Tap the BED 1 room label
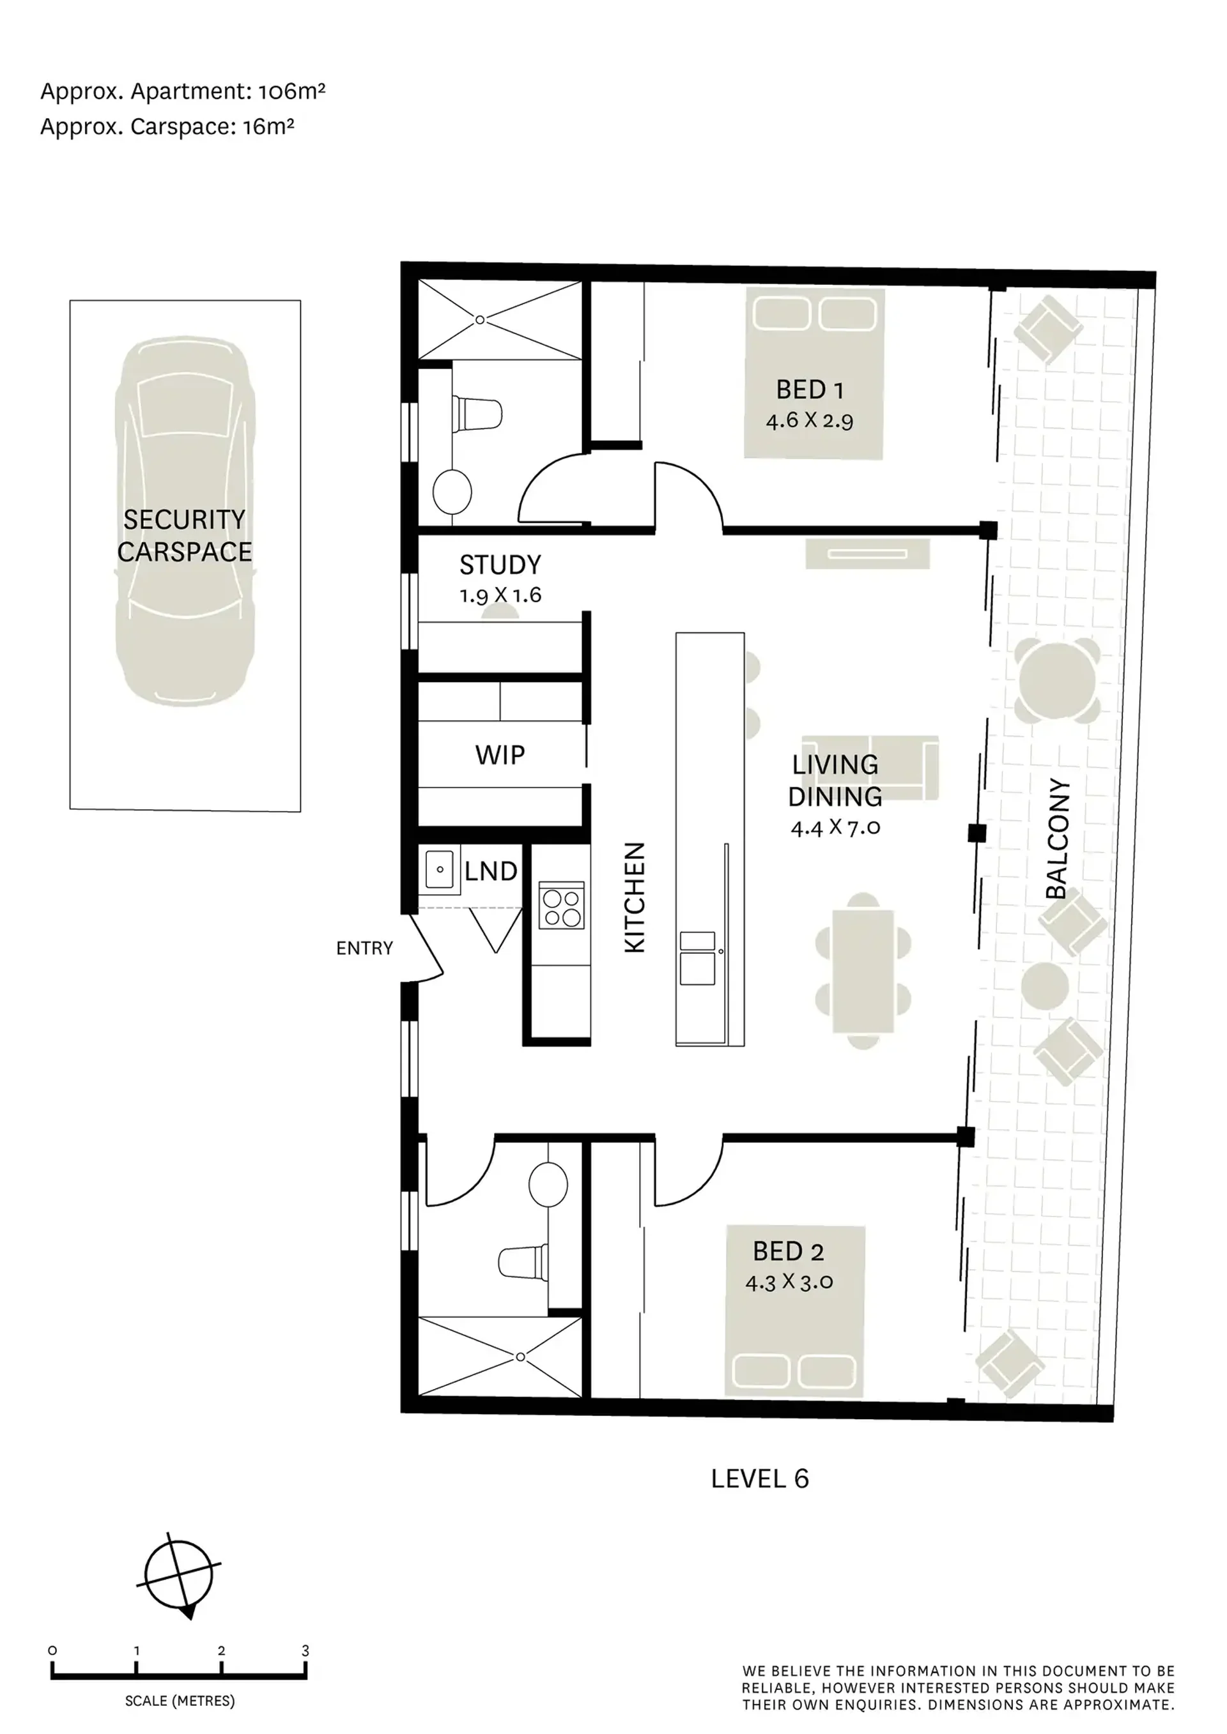(x=809, y=390)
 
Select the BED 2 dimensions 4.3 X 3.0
(x=789, y=1282)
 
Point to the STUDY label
(x=500, y=565)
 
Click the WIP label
(x=500, y=754)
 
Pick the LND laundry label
(x=490, y=872)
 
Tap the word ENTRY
(x=364, y=948)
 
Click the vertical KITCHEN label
(x=635, y=897)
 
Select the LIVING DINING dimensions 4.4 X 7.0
(x=836, y=828)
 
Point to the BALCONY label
(x=1057, y=839)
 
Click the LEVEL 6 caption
(x=760, y=1479)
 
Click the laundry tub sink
(x=440, y=870)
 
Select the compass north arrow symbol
(x=179, y=1576)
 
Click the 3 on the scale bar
(x=305, y=1651)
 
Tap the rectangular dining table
(x=863, y=971)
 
